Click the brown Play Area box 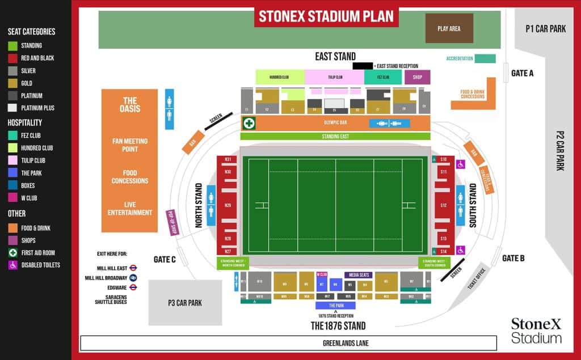pos(449,28)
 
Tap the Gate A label pos(522,73)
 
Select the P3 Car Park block pos(185,303)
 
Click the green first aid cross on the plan pos(248,123)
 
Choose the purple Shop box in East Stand pos(417,77)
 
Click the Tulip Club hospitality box pos(335,77)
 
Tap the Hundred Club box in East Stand pos(279,77)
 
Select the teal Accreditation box pos(485,58)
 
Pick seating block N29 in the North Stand pos(228,205)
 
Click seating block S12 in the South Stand pos(444,205)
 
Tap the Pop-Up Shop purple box pos(171,223)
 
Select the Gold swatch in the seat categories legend pos(12,83)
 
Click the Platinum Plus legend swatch pos(12,108)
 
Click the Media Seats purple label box pos(359,275)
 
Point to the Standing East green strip pos(335,136)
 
